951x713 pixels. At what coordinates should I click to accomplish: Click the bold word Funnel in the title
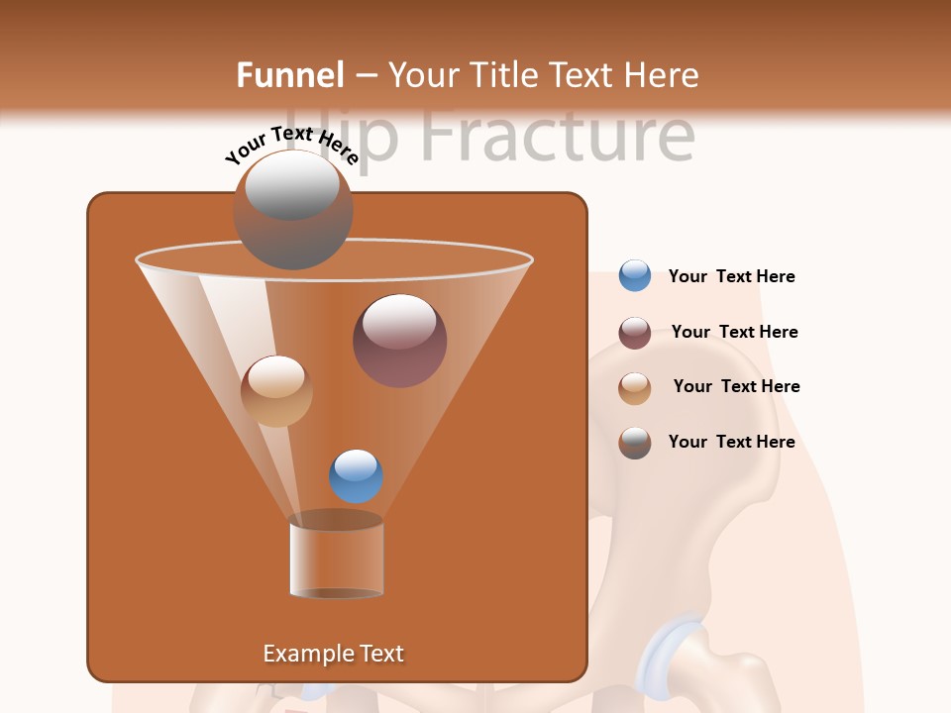(289, 75)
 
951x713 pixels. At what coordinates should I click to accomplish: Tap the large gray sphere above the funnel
(292, 209)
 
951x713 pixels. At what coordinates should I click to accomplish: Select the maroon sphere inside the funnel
(399, 340)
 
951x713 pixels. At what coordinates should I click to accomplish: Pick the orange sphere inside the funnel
(276, 391)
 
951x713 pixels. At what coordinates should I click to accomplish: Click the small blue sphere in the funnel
(356, 475)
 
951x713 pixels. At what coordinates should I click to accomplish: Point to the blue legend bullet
(634, 275)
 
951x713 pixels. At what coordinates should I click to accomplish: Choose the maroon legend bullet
(634, 333)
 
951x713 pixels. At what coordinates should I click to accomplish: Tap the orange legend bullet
(634, 388)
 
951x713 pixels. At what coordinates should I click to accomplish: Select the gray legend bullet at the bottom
(634, 443)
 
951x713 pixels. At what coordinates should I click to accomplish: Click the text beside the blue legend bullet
(731, 276)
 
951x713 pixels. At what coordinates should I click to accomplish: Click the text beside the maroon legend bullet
(734, 332)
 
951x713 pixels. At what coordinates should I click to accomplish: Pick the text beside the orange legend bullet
(736, 386)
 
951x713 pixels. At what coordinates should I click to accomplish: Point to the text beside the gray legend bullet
(731, 442)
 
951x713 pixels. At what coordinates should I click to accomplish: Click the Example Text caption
(333, 654)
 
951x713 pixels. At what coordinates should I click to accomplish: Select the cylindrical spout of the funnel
(336, 558)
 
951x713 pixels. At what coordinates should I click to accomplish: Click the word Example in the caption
(304, 654)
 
